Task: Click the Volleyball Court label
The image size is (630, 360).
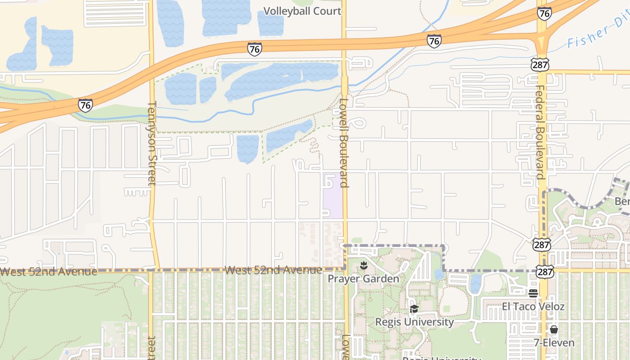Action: tap(302, 11)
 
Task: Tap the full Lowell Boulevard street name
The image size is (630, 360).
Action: tap(344, 142)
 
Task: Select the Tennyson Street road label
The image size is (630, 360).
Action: tap(151, 143)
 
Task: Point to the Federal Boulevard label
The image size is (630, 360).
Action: tap(540, 132)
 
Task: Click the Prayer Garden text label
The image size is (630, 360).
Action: tap(363, 279)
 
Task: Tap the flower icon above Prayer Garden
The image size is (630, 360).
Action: tap(364, 265)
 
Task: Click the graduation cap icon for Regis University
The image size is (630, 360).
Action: tap(414, 309)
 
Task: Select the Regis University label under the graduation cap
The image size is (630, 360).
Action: tap(414, 322)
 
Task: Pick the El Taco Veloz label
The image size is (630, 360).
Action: tap(533, 306)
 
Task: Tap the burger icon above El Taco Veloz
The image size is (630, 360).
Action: tap(533, 293)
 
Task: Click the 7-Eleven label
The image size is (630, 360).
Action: tap(554, 342)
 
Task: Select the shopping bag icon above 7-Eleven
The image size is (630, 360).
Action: tap(554, 329)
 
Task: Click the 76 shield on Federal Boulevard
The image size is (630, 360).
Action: tap(544, 13)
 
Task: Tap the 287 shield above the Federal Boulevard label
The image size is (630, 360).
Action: tap(540, 64)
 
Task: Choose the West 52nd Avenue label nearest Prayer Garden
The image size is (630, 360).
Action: tap(273, 270)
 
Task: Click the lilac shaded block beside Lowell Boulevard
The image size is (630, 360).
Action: tap(333, 196)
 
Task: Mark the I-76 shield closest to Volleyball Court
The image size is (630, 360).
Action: tap(254, 49)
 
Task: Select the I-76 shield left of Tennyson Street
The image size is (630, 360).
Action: tap(85, 105)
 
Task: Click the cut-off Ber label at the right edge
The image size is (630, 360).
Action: tap(622, 201)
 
